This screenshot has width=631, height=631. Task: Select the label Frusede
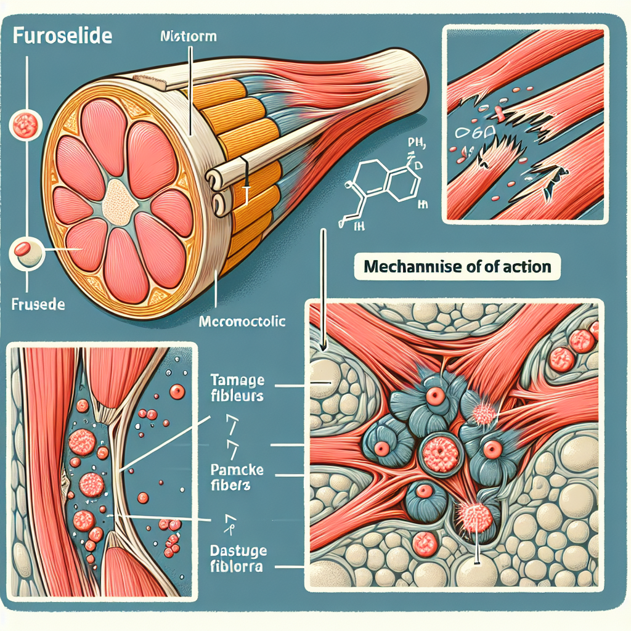[38, 304]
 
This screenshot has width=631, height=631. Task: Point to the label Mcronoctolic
[243, 321]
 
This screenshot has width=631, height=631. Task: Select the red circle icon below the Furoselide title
[26, 124]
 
